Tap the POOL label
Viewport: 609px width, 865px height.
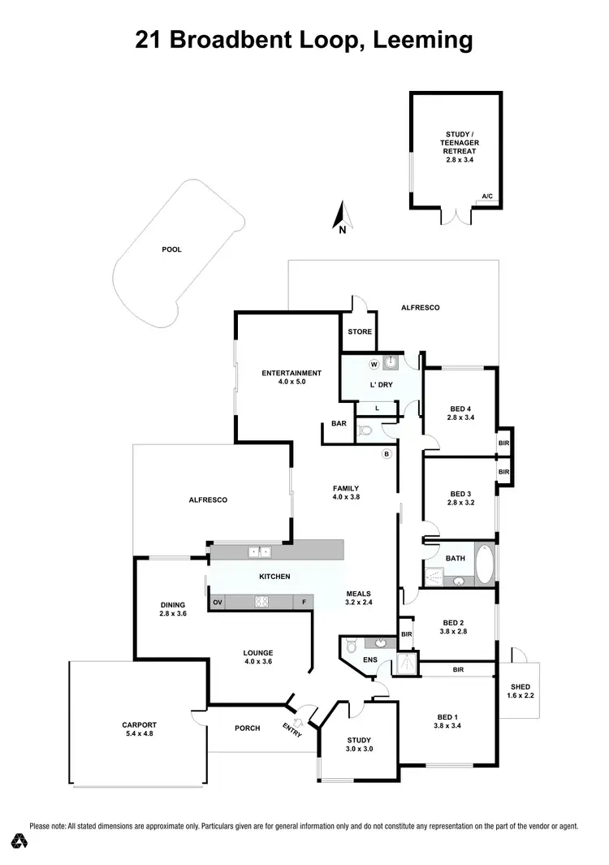pos(171,249)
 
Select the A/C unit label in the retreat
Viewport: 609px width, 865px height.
pos(487,197)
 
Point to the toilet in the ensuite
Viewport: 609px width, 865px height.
pos(351,647)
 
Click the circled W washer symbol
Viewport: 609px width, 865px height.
pos(374,365)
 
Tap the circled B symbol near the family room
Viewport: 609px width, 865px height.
pos(387,453)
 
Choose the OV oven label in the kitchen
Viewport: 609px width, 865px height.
pos(217,602)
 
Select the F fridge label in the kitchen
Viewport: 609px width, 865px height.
pos(302,602)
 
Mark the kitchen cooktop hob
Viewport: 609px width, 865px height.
pos(261,602)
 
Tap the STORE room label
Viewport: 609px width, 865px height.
pos(360,331)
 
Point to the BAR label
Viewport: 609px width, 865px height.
pos(339,424)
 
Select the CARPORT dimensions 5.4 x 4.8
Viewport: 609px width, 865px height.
pos(140,733)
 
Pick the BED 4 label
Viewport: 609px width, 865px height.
pos(460,409)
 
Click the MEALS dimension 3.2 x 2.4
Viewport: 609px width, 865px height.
pos(360,603)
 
